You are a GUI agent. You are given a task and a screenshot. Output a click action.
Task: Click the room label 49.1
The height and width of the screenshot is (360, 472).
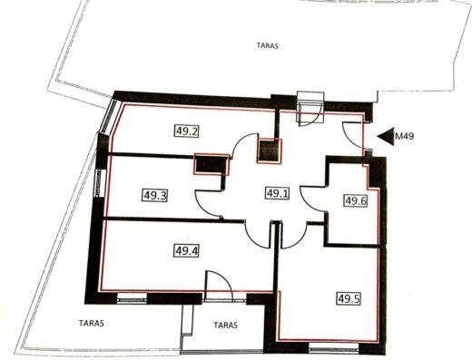(x=278, y=193)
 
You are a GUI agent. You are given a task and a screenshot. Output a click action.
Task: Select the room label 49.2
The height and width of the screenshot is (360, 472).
(x=186, y=131)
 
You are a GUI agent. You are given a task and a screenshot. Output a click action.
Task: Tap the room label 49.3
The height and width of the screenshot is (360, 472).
(x=154, y=195)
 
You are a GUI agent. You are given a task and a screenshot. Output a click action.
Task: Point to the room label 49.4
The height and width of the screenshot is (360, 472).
(x=186, y=250)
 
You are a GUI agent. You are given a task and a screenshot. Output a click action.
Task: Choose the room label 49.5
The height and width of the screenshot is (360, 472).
(x=349, y=298)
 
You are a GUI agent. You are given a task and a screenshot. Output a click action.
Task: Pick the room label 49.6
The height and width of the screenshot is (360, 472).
(x=356, y=200)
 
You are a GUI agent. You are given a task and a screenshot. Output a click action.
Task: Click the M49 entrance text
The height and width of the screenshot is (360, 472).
(x=405, y=136)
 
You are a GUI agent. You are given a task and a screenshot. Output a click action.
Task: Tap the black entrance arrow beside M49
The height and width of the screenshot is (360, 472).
(x=386, y=136)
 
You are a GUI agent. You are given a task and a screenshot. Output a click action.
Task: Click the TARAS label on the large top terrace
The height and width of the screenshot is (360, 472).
(x=268, y=46)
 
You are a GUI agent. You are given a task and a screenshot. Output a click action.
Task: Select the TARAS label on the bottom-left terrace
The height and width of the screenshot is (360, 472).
(x=92, y=323)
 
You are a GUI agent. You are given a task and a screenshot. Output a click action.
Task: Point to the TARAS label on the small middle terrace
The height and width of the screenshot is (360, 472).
(x=225, y=326)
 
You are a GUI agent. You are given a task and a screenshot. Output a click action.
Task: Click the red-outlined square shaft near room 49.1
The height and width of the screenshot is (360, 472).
(x=269, y=151)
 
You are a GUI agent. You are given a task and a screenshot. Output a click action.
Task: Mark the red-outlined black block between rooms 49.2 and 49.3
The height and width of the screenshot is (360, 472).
(x=211, y=164)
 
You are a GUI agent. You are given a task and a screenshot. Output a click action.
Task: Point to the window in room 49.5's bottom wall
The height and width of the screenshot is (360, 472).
(x=334, y=349)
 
